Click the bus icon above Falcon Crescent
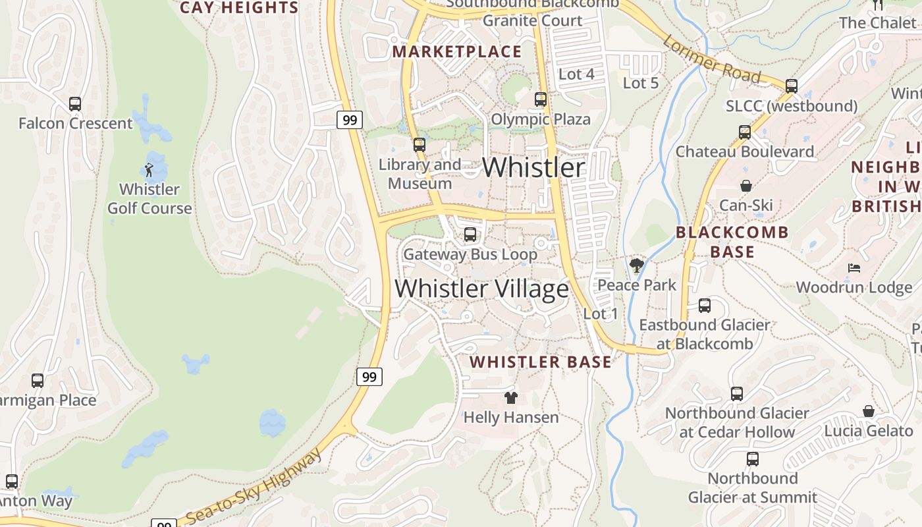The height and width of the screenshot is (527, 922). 75,104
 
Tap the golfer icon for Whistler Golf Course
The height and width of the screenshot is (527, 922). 149,170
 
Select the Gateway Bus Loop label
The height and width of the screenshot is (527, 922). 470,254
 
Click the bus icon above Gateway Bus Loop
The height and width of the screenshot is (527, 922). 470,235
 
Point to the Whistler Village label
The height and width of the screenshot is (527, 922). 482,289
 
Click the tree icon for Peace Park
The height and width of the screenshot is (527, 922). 636,266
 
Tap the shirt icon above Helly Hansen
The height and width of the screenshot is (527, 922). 511,397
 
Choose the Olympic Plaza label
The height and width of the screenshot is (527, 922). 541,119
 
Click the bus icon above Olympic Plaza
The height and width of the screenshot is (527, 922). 541,99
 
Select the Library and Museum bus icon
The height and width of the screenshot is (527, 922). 420,145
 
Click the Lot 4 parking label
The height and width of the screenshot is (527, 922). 576,74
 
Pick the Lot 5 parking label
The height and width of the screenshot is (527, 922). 641,83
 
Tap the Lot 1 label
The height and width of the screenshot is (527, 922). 601,314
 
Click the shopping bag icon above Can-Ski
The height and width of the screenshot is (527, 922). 746,186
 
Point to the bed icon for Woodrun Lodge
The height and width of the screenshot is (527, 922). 854,268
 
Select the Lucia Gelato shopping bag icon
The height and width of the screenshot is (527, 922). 869,411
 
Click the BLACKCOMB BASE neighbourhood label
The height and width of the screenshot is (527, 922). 732,242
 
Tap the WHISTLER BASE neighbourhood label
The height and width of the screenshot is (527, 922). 541,362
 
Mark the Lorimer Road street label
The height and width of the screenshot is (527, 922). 711,60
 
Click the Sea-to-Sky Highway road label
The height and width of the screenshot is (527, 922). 254,486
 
